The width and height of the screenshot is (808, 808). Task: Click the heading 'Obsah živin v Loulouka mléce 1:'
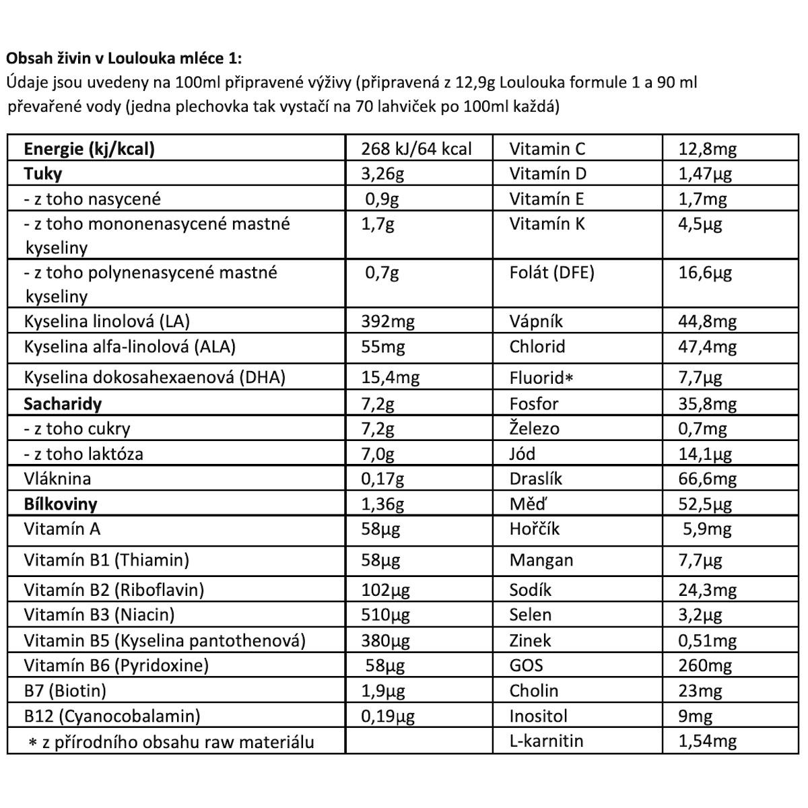123,57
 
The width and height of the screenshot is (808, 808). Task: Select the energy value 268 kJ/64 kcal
416,149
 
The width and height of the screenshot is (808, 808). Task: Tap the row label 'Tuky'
43,174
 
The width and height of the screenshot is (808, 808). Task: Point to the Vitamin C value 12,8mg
707,149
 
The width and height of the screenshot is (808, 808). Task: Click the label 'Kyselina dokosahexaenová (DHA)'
155,377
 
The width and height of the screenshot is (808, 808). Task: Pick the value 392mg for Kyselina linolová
388,322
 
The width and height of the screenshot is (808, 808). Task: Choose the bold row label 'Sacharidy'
63,404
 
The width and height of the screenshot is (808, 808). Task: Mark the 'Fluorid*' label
541,378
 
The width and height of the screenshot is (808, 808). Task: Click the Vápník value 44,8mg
707,322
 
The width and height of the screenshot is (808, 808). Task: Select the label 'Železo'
535,429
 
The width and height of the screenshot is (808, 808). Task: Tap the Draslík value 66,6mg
707,479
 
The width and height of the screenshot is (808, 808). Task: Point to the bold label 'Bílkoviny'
61,504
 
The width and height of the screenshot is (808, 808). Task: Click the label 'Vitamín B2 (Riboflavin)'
114,590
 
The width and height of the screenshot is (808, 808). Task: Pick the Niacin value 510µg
385,615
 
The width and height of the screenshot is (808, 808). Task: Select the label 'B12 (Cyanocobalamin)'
112,716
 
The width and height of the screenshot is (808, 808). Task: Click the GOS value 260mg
704,666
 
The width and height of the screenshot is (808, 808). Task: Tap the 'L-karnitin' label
547,741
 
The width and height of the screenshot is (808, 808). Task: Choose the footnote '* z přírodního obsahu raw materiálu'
171,742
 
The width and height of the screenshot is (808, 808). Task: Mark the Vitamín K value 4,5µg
700,224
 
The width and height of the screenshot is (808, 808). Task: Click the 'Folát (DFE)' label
552,273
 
